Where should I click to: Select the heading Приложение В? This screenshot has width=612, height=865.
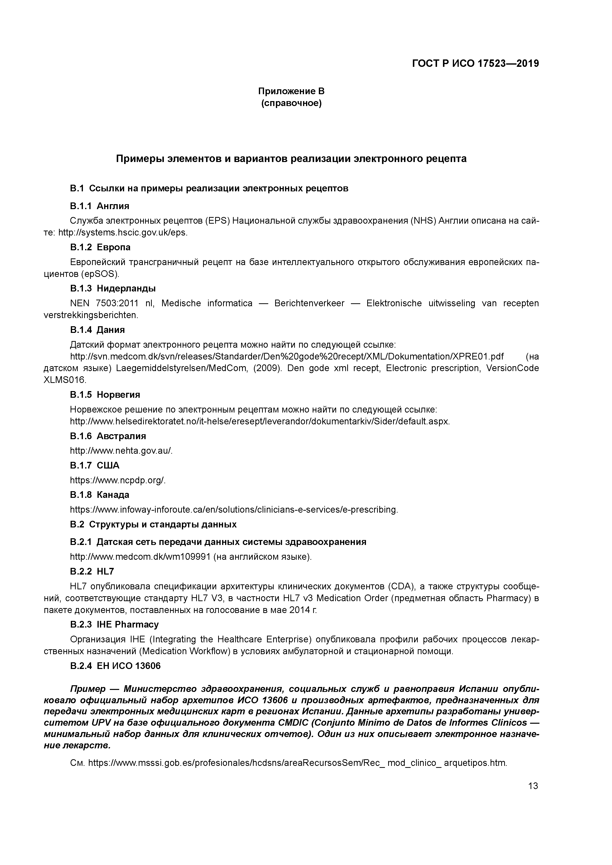pyautogui.click(x=291, y=91)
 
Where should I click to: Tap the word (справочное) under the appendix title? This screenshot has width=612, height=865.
pyautogui.click(x=291, y=103)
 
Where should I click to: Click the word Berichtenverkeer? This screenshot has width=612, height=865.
pyautogui.click(x=309, y=303)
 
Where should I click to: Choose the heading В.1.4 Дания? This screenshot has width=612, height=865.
pyautogui.click(x=97, y=330)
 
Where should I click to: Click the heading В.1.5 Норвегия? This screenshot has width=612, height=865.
pyautogui.click(x=105, y=395)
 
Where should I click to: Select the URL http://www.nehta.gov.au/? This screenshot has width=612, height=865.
pyautogui.click(x=121, y=451)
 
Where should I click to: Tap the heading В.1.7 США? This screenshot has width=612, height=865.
pyautogui.click(x=95, y=465)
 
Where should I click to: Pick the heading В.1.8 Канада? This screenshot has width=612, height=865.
pyautogui.click(x=99, y=495)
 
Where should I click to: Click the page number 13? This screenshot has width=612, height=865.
pyautogui.click(x=533, y=786)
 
